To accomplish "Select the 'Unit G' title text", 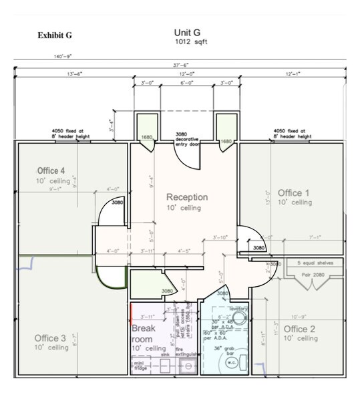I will pyautogui.click(x=187, y=32).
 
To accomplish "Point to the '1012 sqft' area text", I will pyautogui.click(x=188, y=41).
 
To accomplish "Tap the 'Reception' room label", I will pyautogui.click(x=187, y=197).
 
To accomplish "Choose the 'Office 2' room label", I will pyautogui.click(x=300, y=329).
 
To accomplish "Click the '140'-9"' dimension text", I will pyautogui.click(x=63, y=57).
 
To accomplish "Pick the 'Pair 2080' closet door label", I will pyautogui.click(x=311, y=274).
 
